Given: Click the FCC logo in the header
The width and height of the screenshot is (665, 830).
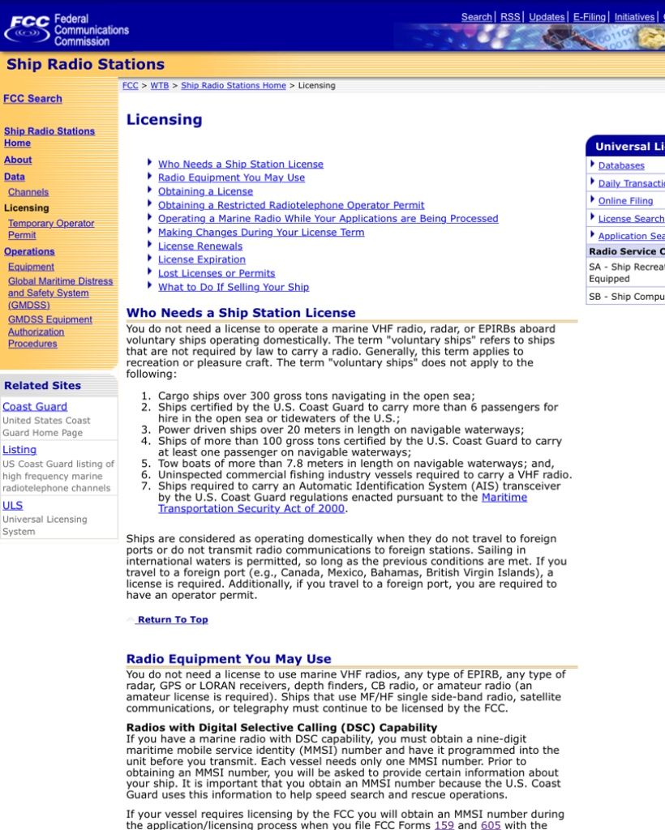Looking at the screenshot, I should pyautogui.click(x=66, y=29).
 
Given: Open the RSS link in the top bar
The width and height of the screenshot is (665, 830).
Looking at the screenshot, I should pyautogui.click(x=510, y=17).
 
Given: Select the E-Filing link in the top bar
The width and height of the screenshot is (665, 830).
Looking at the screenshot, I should pyautogui.click(x=589, y=17).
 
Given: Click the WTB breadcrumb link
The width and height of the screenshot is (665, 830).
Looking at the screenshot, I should pyautogui.click(x=160, y=85).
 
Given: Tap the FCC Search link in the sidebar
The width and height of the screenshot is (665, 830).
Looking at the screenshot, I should pyautogui.click(x=32, y=98).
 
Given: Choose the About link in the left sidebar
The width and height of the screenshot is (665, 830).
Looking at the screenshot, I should pyautogui.click(x=18, y=160).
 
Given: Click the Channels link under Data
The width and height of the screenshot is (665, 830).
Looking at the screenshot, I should pyautogui.click(x=28, y=192).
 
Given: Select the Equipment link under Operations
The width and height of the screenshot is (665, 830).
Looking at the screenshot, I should pyautogui.click(x=31, y=267).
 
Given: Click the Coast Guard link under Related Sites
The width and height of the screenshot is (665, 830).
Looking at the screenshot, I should pyautogui.click(x=35, y=406).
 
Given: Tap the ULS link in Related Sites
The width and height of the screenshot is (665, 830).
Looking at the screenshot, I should pyautogui.click(x=13, y=505).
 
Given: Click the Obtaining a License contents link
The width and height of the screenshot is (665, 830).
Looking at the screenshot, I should pyautogui.click(x=205, y=191).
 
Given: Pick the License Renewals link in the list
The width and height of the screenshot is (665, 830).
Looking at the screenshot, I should pyautogui.click(x=200, y=246).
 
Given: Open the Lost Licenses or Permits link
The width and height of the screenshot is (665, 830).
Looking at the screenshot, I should pyautogui.click(x=217, y=273).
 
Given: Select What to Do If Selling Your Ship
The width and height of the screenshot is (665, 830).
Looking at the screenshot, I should pyautogui.click(x=234, y=287).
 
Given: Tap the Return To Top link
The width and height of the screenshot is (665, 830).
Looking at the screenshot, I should pyautogui.click(x=172, y=619).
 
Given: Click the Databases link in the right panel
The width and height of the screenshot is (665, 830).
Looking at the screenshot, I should pyautogui.click(x=621, y=165).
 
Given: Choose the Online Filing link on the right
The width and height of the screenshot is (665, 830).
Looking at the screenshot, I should pyautogui.click(x=625, y=201).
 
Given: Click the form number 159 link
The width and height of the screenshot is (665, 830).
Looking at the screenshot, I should pyautogui.click(x=444, y=824).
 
